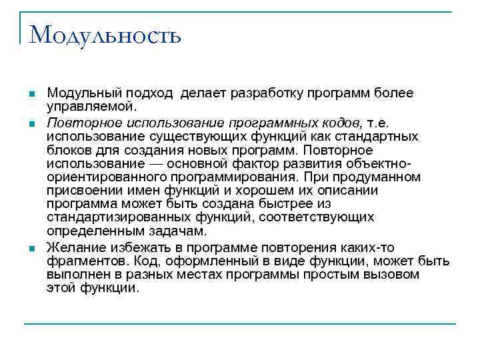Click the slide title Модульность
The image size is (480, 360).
(x=105, y=34)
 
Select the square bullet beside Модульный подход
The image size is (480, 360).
(x=31, y=95)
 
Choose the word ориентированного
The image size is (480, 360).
(x=107, y=177)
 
